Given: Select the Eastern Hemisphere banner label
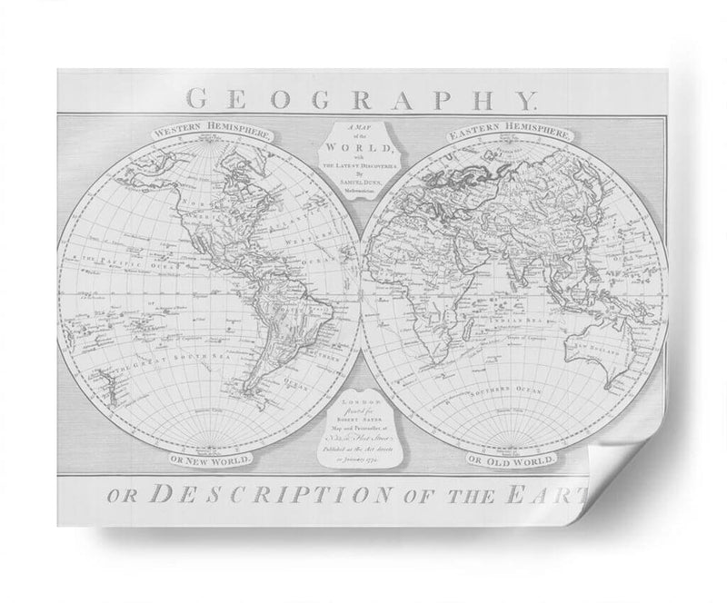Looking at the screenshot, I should click(510, 133).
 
